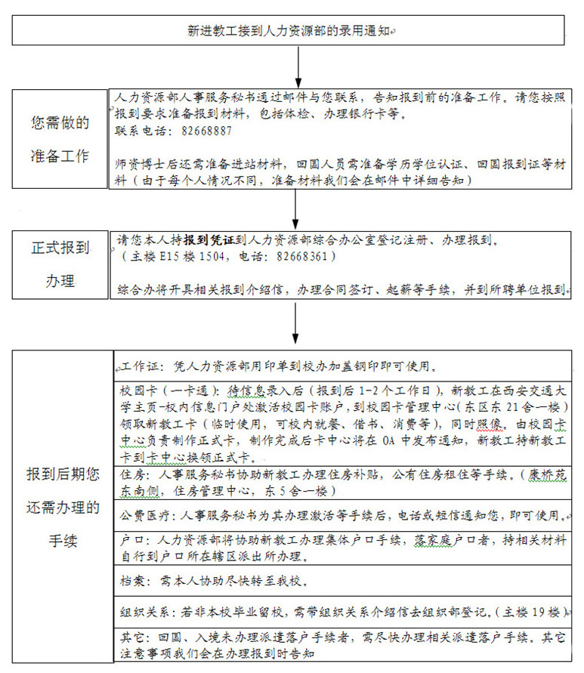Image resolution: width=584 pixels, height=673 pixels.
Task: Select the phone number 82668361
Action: coord(305,257)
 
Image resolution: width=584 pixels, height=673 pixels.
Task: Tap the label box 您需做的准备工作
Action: coord(60,139)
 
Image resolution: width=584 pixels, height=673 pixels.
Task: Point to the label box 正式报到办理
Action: coord(60,264)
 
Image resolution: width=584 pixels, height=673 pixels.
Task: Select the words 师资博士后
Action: coord(146,164)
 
